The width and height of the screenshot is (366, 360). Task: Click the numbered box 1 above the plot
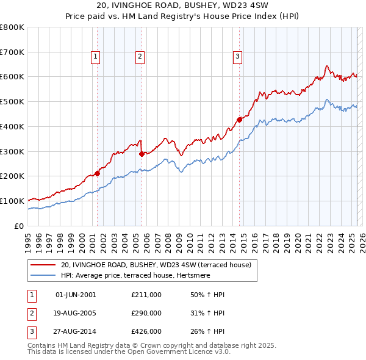96,57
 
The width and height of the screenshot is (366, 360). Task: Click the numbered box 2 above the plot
140,57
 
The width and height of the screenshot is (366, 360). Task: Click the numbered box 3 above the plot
237,57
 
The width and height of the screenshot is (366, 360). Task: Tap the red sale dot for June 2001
97,174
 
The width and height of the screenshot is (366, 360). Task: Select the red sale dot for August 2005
142,154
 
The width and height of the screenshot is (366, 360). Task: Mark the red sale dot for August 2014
239,120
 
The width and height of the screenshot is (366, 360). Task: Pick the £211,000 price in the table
146,295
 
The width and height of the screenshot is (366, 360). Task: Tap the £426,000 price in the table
146,331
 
